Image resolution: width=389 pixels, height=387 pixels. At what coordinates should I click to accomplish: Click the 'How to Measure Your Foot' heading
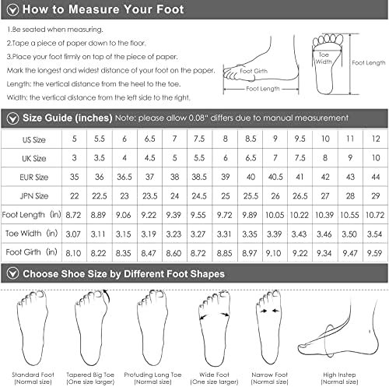pyautogui.click(x=103, y=9)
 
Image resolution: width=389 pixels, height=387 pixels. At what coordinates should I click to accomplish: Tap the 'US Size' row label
pyautogui.click(x=33, y=139)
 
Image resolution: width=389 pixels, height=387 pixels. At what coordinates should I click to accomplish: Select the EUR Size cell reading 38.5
pyautogui.click(x=199, y=177)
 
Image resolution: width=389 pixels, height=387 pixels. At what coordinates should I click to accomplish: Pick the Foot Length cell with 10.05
pyautogui.click(x=275, y=215)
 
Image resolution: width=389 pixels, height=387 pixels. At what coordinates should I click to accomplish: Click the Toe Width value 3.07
pyautogui.click(x=73, y=234)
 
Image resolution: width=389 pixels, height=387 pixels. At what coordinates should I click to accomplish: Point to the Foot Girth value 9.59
pyautogui.click(x=374, y=253)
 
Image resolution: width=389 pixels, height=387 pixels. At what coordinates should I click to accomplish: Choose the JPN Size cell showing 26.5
pyautogui.click(x=300, y=196)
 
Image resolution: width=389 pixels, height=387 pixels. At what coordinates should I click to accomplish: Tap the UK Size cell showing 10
pyautogui.click(x=376, y=158)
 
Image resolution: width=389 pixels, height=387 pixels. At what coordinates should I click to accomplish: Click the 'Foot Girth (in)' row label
pyautogui.click(x=31, y=252)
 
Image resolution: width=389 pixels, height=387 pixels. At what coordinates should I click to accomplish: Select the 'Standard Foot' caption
pyautogui.click(x=33, y=375)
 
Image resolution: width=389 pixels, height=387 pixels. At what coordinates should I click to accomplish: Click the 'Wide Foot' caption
pyautogui.click(x=214, y=375)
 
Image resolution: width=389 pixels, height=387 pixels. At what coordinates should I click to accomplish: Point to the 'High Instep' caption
pyautogui.click(x=339, y=375)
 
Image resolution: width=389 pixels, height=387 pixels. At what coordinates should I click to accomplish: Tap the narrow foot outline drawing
pyautogui.click(x=269, y=328)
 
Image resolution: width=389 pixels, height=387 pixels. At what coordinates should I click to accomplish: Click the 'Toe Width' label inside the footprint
pyautogui.click(x=324, y=58)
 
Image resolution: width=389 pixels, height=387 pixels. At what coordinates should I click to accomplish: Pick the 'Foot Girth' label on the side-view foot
pyautogui.click(x=254, y=71)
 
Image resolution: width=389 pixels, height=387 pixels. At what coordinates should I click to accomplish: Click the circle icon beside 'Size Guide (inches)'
pyautogui.click(x=12, y=118)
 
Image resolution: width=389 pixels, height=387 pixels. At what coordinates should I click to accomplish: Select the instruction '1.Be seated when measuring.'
pyautogui.click(x=54, y=30)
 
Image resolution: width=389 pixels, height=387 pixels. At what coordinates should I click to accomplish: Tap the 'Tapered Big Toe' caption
pyautogui.click(x=90, y=375)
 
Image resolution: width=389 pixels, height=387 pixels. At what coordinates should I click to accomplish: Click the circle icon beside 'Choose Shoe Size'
pyautogui.click(x=12, y=273)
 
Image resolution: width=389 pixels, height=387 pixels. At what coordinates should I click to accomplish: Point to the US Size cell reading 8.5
pyautogui.click(x=251, y=139)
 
